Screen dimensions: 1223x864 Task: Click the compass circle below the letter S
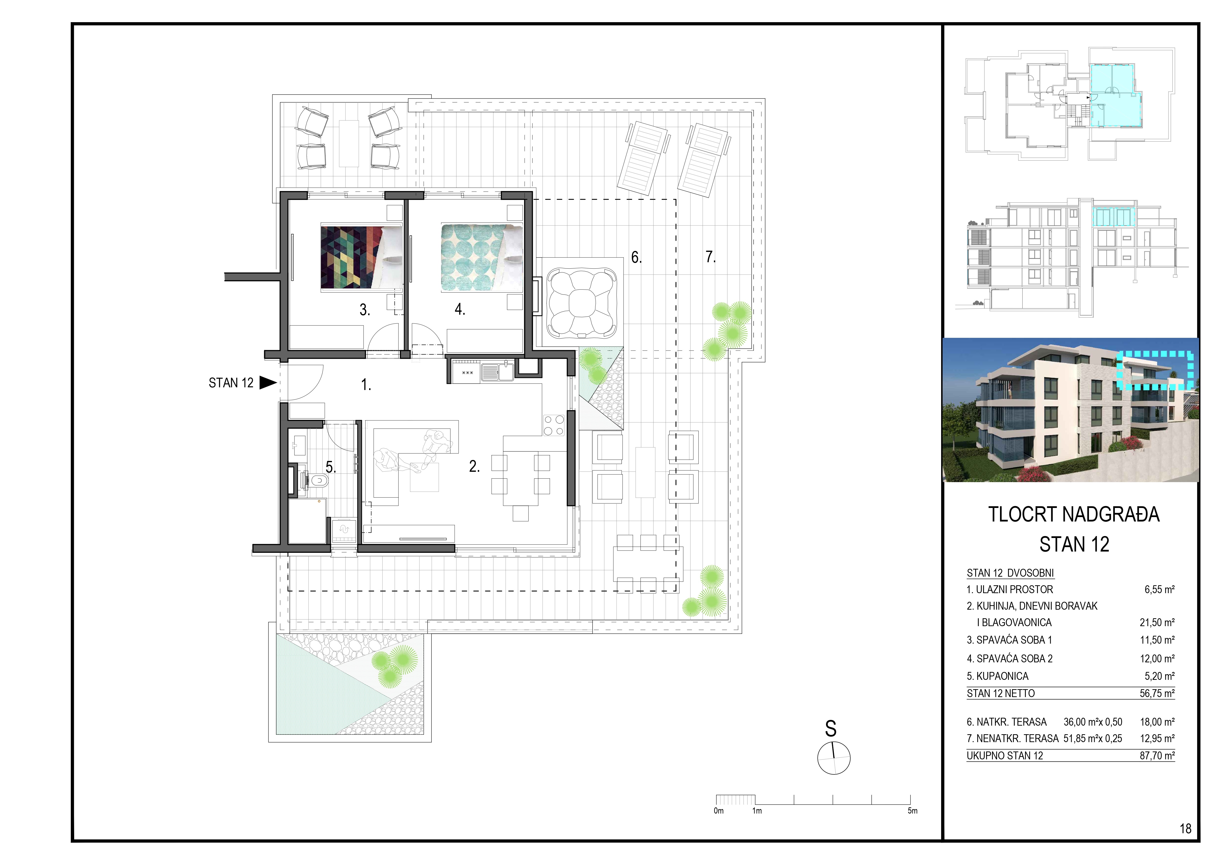pos(834,758)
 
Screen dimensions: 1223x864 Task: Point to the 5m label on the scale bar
pos(913,811)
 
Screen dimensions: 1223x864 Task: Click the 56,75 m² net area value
pos(1157,693)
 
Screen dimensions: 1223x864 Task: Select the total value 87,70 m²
pos(1157,755)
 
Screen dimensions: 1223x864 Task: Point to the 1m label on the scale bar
pos(757,811)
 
